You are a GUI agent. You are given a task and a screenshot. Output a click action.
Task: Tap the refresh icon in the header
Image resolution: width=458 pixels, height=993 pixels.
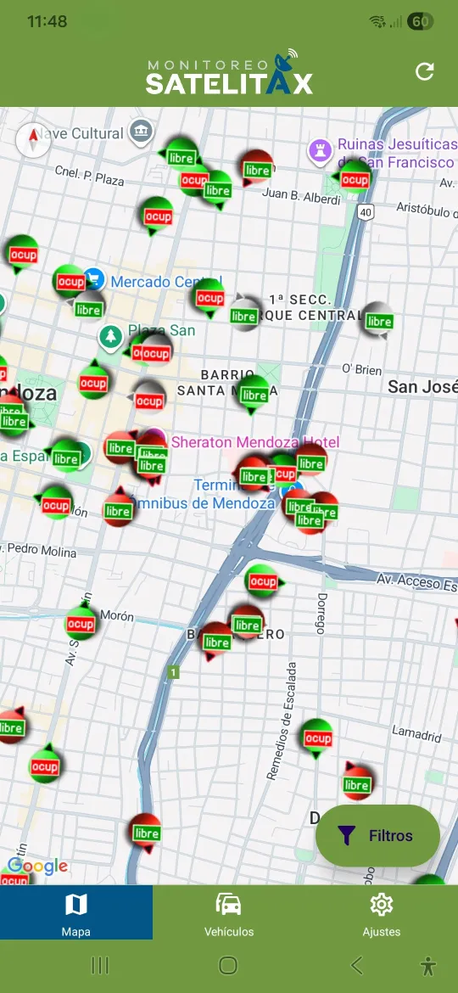pos(425,72)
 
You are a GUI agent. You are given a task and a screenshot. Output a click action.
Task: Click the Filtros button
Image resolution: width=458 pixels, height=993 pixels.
pos(377,836)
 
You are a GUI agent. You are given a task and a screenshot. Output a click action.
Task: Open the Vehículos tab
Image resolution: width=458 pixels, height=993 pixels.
pos(229,913)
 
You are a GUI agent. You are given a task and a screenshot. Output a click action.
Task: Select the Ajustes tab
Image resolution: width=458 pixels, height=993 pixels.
pos(381,913)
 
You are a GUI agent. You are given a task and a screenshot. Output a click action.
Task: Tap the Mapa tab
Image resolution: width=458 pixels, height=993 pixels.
pos(76,913)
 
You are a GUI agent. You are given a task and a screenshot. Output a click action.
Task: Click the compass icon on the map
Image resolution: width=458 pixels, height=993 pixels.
pos(34,140)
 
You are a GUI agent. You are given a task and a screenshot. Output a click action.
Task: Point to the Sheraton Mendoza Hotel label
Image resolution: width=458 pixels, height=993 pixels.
pos(255,442)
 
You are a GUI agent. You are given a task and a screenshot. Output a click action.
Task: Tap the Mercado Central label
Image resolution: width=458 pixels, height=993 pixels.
pos(165,282)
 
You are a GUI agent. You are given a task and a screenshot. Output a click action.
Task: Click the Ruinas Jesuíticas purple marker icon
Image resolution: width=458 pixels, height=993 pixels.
pos(319,151)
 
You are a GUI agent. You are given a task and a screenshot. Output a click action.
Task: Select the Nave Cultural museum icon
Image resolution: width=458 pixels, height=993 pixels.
pos(142,132)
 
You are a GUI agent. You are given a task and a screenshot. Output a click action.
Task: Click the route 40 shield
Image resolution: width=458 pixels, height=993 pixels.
pos(365,211)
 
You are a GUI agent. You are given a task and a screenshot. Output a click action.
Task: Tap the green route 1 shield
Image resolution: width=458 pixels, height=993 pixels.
pos(174,673)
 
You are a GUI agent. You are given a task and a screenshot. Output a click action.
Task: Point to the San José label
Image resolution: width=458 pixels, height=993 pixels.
pos(422,387)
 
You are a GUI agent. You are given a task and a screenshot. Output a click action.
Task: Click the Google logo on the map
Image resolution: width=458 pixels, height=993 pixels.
pos(37,867)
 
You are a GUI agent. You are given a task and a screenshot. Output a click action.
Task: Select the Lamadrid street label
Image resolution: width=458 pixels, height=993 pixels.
pos(416,732)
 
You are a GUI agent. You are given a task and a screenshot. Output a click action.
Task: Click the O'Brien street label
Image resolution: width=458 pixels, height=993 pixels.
pos(362,369)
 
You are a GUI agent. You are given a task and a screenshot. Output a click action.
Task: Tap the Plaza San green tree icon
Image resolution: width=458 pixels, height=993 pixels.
pos(109,336)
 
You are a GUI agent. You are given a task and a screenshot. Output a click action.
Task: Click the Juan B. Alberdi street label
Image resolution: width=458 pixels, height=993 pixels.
pos(301,196)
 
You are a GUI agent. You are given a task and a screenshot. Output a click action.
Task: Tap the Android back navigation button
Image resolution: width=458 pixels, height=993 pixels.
pos(357,965)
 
